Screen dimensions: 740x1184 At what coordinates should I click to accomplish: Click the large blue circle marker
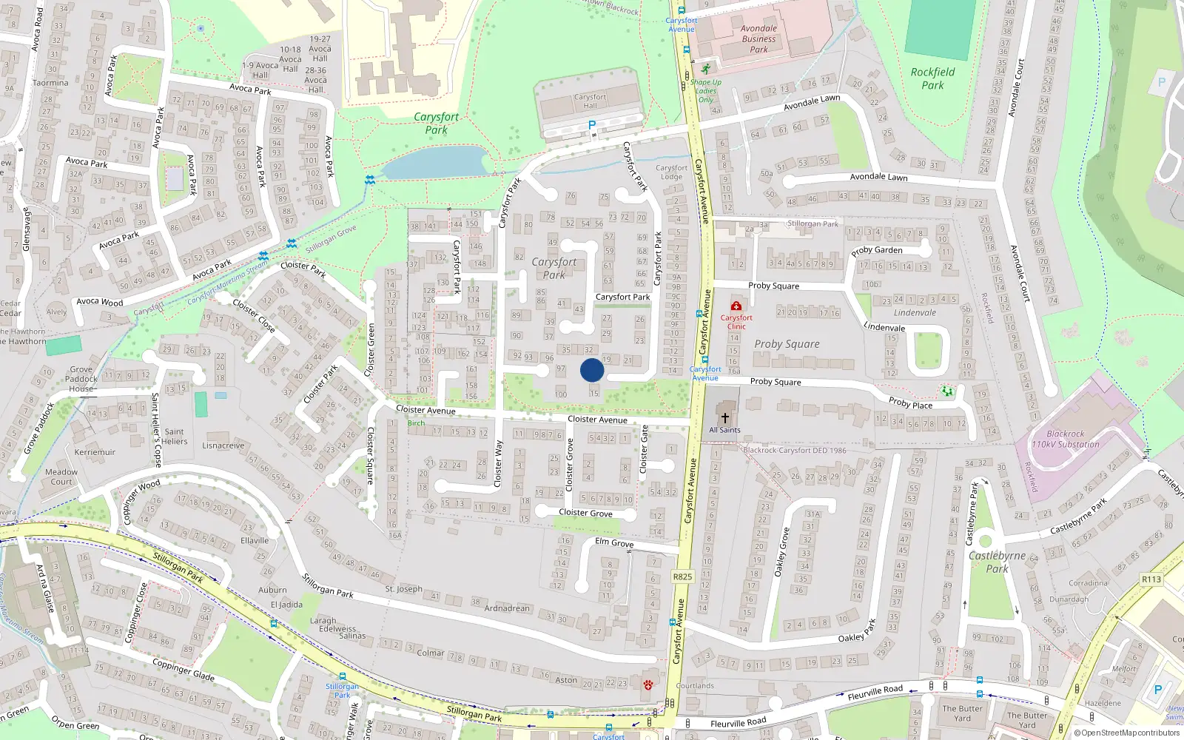tap(592, 370)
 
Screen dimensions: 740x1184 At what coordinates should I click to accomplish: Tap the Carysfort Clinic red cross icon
tap(736, 306)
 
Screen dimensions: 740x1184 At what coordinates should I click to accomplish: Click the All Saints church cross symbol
tap(725, 418)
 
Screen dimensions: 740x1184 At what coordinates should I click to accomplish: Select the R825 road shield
tap(682, 576)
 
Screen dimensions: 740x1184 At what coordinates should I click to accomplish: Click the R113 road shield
tap(1151, 579)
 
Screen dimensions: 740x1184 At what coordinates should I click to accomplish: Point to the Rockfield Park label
tap(932, 78)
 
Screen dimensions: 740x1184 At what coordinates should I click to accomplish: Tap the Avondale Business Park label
tap(759, 39)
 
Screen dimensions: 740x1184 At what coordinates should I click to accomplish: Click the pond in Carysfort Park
tap(433, 163)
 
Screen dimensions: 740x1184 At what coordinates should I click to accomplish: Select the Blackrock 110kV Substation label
tap(1066, 440)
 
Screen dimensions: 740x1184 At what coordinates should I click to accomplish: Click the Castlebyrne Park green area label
tap(997, 562)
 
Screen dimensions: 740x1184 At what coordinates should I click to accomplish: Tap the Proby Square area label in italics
tap(787, 344)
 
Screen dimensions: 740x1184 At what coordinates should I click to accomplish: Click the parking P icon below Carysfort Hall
tap(592, 126)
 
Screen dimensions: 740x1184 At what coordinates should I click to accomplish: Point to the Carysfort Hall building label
tap(590, 101)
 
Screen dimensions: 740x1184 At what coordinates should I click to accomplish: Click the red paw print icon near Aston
tap(649, 684)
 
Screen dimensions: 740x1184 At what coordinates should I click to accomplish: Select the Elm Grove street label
tap(614, 542)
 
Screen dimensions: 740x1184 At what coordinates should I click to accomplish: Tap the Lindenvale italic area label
tap(915, 313)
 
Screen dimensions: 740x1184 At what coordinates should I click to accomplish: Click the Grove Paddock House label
tap(81, 379)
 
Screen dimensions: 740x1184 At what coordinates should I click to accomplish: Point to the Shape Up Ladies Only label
tap(706, 91)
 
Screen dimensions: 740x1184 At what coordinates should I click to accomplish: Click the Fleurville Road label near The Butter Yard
tap(875, 693)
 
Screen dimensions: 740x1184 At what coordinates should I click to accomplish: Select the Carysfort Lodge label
tap(671, 172)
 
